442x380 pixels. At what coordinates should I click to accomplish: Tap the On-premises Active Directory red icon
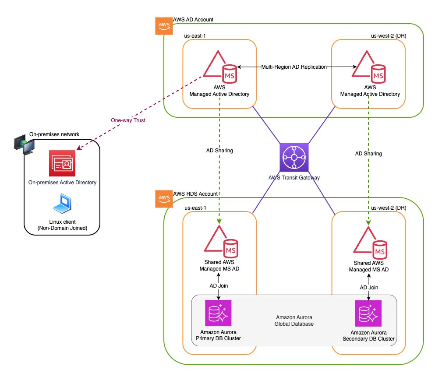pos(62,162)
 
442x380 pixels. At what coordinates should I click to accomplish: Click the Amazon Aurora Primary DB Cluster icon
pos(218,313)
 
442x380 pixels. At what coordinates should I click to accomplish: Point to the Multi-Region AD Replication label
pos(294,67)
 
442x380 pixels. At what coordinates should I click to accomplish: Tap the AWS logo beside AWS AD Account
pos(164,25)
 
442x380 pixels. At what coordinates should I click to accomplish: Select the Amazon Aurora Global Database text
pos(293,320)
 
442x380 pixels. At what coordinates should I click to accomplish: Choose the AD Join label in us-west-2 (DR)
pos(368,288)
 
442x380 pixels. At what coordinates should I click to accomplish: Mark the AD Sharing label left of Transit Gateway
pos(219,150)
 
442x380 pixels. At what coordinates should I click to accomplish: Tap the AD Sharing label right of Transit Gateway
pos(368,154)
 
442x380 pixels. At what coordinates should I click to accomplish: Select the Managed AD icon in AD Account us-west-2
pos(369,68)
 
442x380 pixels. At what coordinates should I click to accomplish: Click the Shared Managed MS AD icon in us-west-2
pos(369,245)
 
